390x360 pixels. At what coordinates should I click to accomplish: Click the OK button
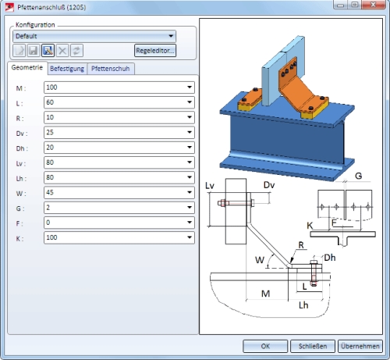[x=265, y=346]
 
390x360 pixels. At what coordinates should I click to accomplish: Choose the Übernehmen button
[x=360, y=346]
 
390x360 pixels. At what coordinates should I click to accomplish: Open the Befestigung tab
[x=67, y=69]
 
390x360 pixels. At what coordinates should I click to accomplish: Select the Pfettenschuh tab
[x=111, y=69]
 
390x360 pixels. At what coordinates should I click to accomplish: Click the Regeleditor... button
[x=155, y=51]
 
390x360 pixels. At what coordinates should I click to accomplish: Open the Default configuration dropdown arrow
[x=171, y=36]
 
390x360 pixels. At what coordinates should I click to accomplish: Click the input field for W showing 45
[x=119, y=193]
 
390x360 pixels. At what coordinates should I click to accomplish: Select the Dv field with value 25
[x=119, y=133]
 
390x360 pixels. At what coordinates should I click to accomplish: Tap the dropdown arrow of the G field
[x=190, y=208]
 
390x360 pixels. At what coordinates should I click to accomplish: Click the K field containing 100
[x=119, y=237]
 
